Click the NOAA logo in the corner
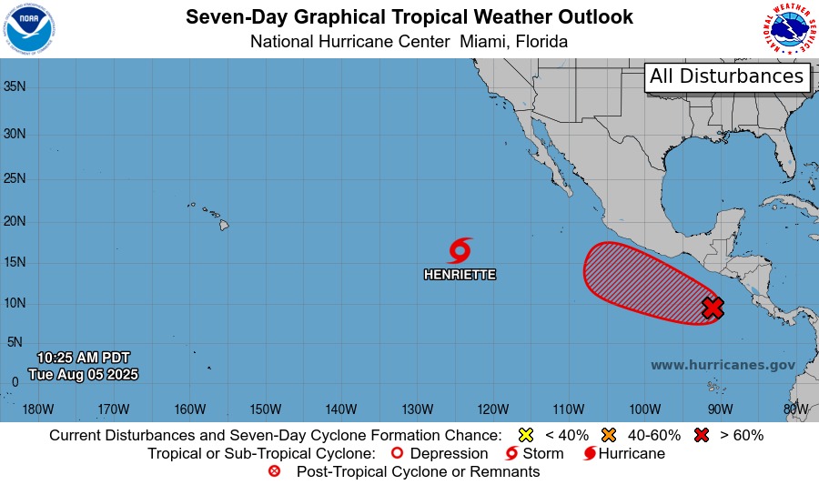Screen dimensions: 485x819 click(29, 28)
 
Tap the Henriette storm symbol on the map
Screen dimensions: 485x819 click(460, 250)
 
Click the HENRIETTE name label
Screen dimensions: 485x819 click(460, 274)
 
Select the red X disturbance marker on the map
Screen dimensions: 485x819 click(713, 308)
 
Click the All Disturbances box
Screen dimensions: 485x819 click(726, 76)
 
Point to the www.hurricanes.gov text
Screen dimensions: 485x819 click(723, 365)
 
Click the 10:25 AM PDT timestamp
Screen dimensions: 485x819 click(83, 357)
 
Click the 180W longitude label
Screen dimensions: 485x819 click(37, 409)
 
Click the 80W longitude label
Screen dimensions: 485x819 click(794, 409)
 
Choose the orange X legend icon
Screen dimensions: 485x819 click(608, 435)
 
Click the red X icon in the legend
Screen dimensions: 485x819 click(702, 435)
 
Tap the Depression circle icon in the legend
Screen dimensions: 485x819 click(396, 453)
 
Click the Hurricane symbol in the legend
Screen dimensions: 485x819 click(590, 453)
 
